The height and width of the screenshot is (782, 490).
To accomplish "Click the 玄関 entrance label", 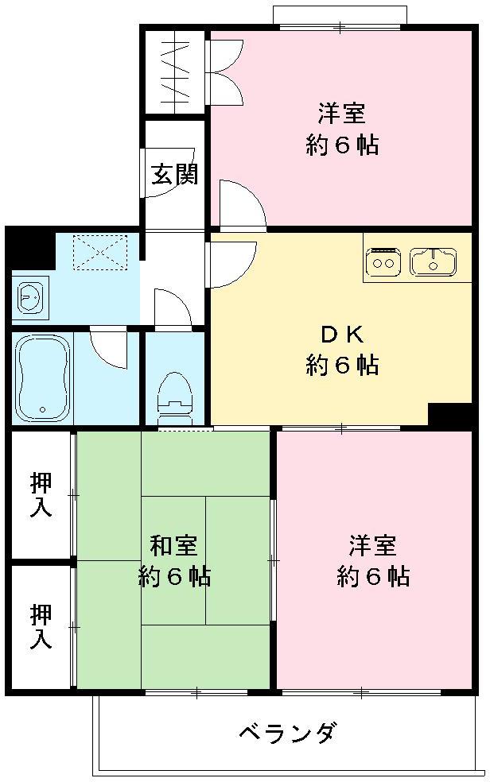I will pos(175,173).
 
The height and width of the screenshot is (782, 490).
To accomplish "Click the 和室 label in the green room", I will pos(174,546).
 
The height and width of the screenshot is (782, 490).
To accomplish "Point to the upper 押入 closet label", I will pos(41,494).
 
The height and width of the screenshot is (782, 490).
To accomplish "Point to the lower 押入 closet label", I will pos(41,625).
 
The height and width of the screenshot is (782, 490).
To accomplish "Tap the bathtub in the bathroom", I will pos(42,377).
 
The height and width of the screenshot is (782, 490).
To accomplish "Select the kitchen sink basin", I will pos(433,261).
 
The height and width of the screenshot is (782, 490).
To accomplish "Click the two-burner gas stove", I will pos(383,261).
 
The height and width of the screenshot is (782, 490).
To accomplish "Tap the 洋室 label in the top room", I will pos(342,114).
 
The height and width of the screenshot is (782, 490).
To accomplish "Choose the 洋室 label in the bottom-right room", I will pos(373,546).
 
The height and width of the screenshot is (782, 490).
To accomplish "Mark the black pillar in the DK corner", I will pos(449,415).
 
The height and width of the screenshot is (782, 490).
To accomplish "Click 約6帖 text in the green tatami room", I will pos(174,576).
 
